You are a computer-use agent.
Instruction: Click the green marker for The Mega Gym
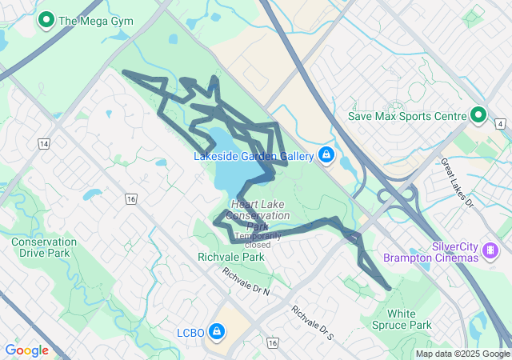point(46,20)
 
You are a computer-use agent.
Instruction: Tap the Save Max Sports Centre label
point(406,116)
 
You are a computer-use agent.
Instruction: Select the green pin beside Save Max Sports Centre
point(478,116)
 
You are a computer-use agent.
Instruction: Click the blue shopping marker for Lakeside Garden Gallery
point(326,155)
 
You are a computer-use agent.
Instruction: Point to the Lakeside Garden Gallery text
point(254,156)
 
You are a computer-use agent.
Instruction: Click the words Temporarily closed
point(258,240)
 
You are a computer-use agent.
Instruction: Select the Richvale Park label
point(230,258)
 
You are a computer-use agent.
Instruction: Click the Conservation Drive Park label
point(44,247)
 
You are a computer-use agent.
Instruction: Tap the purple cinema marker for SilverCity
point(489,252)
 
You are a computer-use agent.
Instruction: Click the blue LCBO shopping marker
point(216,330)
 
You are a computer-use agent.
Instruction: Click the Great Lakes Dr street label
point(458,182)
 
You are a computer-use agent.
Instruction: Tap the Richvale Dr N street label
point(246,281)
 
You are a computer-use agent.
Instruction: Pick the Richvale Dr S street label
point(311,322)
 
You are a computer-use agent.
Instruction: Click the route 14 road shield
point(43,143)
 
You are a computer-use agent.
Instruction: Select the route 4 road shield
point(500,124)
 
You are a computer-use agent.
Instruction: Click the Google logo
point(26,350)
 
